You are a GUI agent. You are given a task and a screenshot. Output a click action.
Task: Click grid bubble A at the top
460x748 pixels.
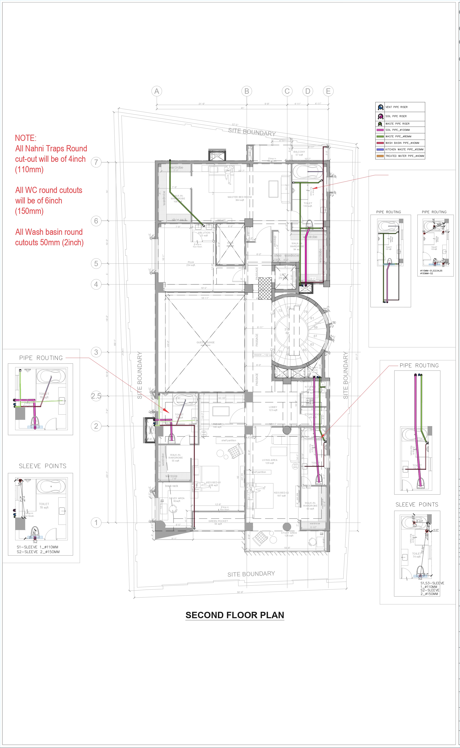tap(157, 91)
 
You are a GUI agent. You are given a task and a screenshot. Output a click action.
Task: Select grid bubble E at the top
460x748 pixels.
tap(328, 91)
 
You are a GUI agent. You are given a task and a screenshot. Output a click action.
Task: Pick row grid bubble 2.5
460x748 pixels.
tap(96, 396)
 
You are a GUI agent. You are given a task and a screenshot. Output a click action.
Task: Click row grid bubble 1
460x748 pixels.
tap(96, 523)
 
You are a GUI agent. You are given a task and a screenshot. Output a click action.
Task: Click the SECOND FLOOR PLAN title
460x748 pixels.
tap(235, 615)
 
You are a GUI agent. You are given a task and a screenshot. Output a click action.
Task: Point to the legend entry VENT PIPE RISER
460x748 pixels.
tap(396, 107)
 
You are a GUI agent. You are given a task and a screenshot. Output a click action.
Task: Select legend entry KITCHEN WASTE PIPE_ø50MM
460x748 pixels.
tap(404, 149)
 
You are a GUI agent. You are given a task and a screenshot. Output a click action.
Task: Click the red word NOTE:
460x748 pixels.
tap(26, 138)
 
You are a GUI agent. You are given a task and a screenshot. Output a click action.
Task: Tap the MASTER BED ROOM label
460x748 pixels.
tap(239, 197)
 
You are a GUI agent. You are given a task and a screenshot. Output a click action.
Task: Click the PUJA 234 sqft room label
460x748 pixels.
tap(191, 263)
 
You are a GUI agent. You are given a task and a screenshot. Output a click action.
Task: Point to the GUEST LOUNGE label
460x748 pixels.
tap(205, 343)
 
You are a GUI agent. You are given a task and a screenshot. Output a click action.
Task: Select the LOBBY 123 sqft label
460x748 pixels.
tap(273, 408)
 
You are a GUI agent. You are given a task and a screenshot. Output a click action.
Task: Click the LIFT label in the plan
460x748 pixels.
tap(283, 275)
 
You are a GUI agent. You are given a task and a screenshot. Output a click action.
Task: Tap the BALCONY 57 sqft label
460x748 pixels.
tap(299, 153)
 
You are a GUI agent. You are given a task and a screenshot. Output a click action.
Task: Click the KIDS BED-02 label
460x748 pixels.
tap(281, 493)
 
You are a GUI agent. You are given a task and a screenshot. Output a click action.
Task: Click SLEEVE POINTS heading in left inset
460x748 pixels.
tap(43, 466)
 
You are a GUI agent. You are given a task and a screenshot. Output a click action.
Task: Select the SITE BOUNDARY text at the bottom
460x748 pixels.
tap(251, 574)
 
